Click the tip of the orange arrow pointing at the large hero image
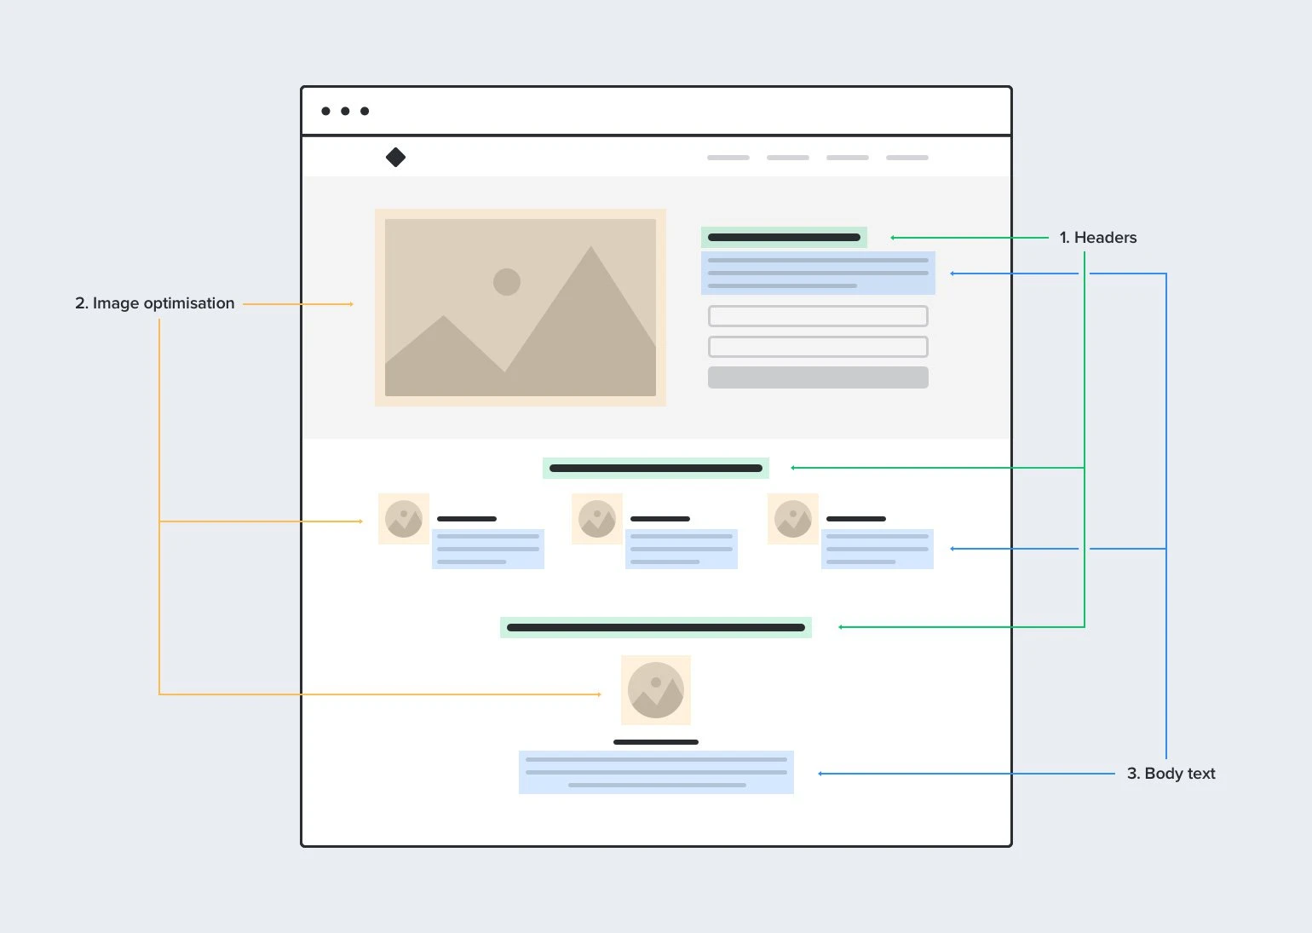[x=354, y=304]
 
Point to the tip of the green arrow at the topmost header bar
[x=890, y=237]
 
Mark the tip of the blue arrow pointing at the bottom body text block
[x=818, y=774]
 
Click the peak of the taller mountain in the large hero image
[x=590, y=246]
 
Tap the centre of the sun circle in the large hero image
[x=507, y=282]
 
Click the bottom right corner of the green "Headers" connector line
[x=1085, y=626]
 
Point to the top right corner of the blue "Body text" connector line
[x=1166, y=274]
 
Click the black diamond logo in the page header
[x=395, y=157]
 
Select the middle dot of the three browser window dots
[x=345, y=111]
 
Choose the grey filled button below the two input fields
[x=818, y=377]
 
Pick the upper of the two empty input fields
[x=818, y=316]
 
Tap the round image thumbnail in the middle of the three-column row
[x=597, y=519]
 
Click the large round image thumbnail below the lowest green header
[x=656, y=690]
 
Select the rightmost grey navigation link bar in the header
[x=906, y=158]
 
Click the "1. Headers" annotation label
[x=1097, y=237]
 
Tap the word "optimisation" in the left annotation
[x=188, y=303]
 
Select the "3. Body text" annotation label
[x=1171, y=773]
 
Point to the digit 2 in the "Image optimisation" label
[x=80, y=302]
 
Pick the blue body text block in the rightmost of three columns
[x=877, y=549]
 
